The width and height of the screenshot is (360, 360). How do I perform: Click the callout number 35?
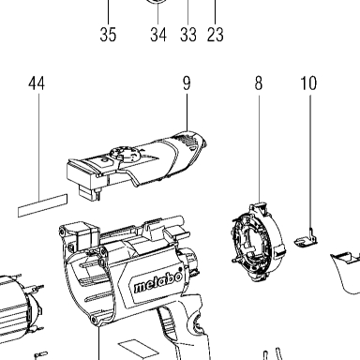click(108, 35)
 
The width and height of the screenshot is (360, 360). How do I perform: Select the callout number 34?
click(158, 35)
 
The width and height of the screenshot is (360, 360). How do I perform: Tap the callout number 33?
click(188, 35)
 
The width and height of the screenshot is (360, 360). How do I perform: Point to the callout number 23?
click(216, 35)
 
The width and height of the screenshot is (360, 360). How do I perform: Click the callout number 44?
click(37, 83)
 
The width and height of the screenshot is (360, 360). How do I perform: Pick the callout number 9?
click(187, 83)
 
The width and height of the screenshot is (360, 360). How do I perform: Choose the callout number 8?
click(259, 83)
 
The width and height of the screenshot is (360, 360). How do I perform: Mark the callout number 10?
click(308, 83)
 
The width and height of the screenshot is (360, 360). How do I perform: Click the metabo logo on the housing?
click(158, 281)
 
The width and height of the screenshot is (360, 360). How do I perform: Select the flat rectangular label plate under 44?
click(42, 205)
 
